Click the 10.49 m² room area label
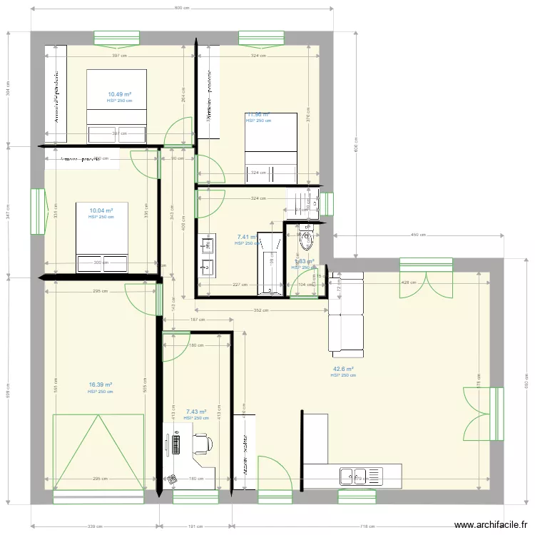pos(119,94)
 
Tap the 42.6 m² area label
pos(342,369)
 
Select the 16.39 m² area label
pos(101,385)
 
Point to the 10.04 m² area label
pos(101,210)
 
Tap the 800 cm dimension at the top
pos(182,9)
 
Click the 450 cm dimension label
pos(419,235)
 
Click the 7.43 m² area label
pos(195,412)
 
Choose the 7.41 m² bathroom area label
pos(246,237)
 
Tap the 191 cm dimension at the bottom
pos(195,526)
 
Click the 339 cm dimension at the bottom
pos(93,526)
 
